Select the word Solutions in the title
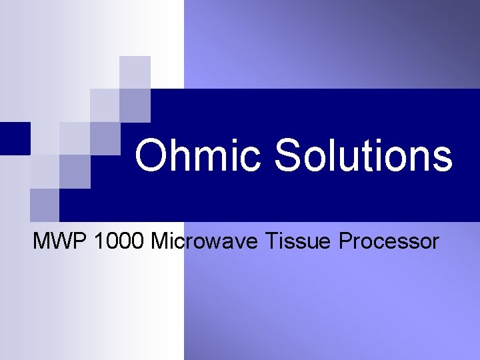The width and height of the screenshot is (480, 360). coord(363,155)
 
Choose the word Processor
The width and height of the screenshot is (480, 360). coord(388,241)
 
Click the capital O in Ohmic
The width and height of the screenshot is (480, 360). coord(151,155)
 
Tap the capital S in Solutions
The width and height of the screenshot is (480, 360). coord(289,155)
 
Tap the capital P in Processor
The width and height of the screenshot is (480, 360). coord(346,241)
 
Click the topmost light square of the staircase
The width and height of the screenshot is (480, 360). coord(135,72)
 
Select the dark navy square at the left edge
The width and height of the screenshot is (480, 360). coord(15,138)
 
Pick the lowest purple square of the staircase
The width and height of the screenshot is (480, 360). coord(45,205)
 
